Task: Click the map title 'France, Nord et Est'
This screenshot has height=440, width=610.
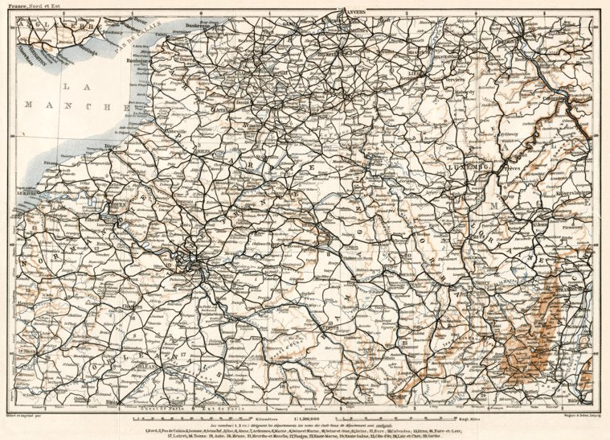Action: pyautogui.click(x=30, y=6)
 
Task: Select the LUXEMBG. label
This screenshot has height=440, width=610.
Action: pyautogui.click(x=472, y=167)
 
